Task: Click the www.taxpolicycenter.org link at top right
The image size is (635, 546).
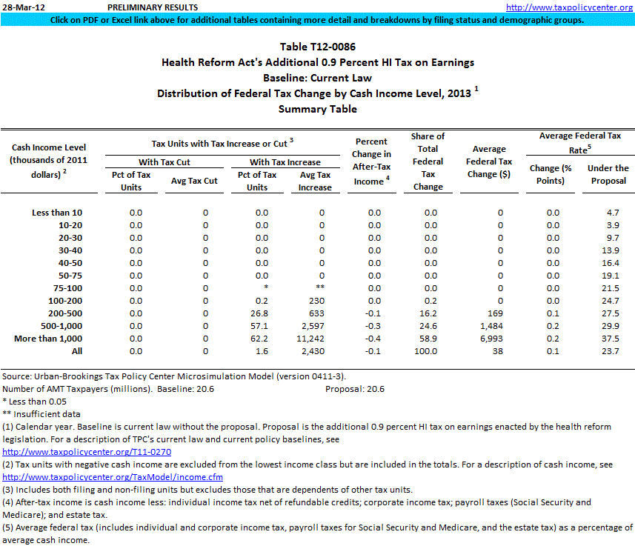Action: point(568,7)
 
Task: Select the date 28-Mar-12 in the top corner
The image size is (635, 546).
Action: point(22,7)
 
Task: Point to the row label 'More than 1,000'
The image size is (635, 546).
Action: point(48,338)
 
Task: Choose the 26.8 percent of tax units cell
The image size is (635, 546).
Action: point(257,313)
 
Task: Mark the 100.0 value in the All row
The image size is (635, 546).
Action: point(427,350)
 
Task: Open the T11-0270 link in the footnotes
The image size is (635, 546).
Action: point(87,451)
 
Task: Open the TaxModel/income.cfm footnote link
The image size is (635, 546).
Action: point(113,476)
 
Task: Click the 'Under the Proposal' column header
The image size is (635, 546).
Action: point(608,174)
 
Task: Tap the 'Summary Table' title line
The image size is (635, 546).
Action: point(317,109)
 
